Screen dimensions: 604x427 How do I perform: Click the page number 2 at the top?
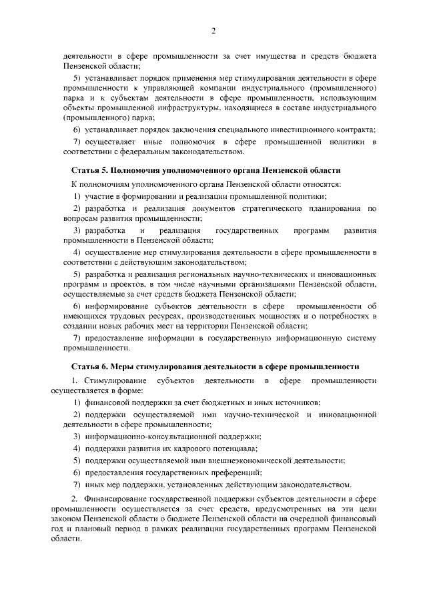pyautogui.click(x=213, y=31)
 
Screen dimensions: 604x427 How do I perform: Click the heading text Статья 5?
pyautogui.click(x=90, y=171)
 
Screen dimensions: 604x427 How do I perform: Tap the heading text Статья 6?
pyautogui.click(x=90, y=366)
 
